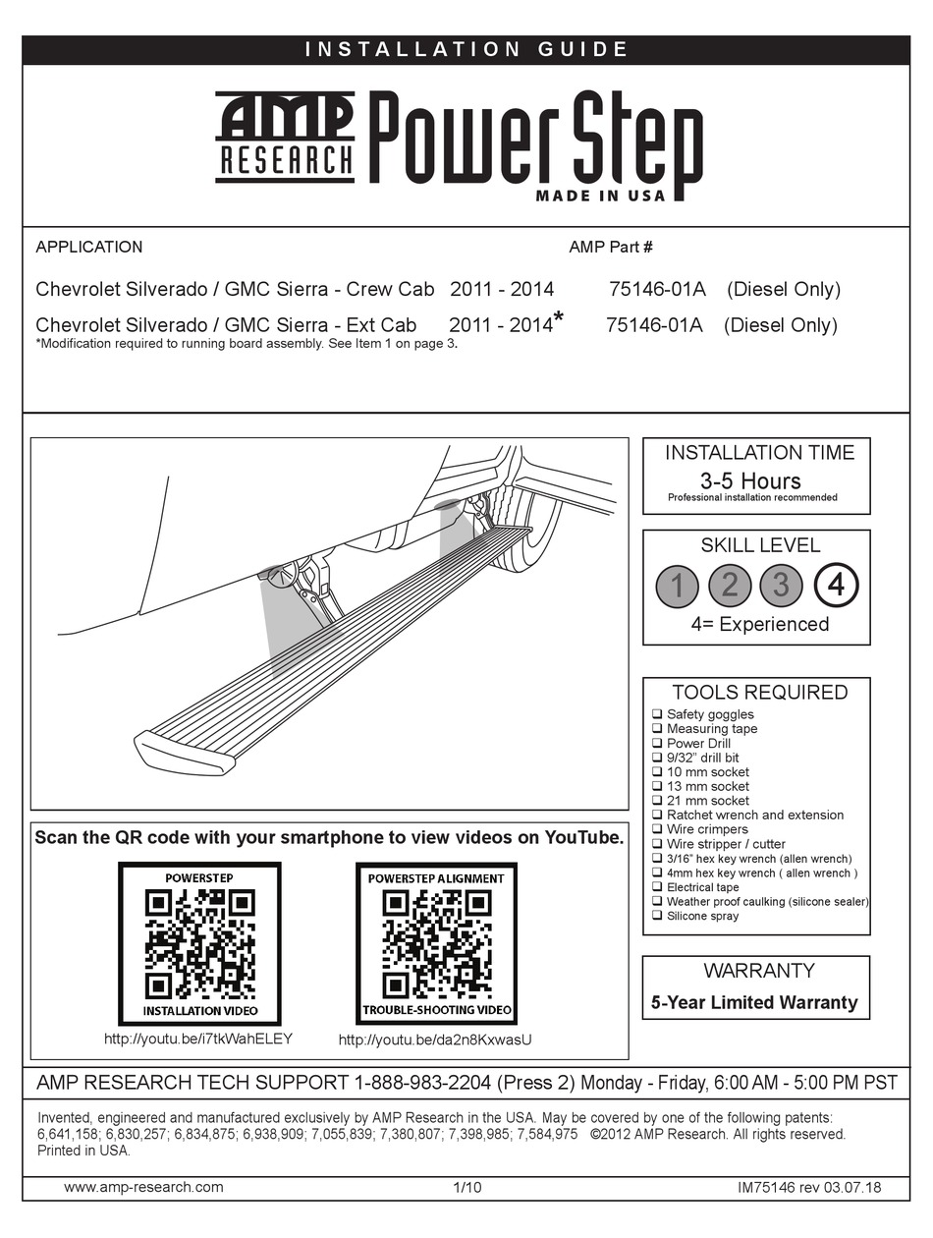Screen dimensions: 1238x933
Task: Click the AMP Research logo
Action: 284,137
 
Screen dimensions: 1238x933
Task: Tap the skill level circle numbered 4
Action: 835,586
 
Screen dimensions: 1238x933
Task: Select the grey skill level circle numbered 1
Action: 678,586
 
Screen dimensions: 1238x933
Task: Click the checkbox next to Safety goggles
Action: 657,714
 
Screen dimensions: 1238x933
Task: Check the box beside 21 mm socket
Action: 657,801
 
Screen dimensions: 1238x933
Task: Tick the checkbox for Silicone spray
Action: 657,916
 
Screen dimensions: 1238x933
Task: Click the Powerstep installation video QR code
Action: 199,942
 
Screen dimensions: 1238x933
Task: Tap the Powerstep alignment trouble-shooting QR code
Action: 435,942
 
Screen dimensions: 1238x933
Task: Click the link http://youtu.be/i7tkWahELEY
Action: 198,1038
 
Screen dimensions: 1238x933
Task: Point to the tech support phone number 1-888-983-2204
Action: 419,1084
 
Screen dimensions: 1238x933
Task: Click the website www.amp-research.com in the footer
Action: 143,1187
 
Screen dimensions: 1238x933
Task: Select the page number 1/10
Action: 466,1187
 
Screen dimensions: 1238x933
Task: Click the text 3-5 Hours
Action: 750,480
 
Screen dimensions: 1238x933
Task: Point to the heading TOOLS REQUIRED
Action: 759,693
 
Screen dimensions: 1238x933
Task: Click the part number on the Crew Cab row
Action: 657,289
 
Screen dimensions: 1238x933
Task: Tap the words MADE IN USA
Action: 600,196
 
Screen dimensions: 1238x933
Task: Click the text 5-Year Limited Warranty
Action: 754,1003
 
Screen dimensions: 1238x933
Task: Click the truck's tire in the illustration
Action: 525,531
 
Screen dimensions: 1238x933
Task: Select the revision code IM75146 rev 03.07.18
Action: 809,1187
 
